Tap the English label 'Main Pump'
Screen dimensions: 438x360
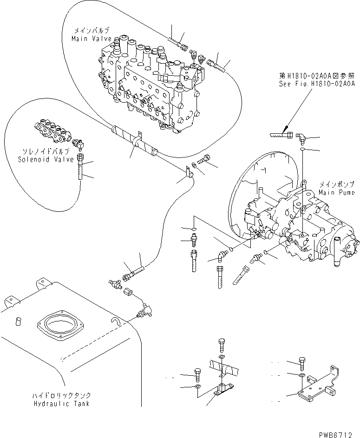click(337, 192)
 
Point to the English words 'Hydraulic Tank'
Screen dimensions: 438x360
click(68, 403)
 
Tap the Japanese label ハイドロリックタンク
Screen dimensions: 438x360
click(69, 395)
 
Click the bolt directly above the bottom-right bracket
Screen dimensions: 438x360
click(302, 364)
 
